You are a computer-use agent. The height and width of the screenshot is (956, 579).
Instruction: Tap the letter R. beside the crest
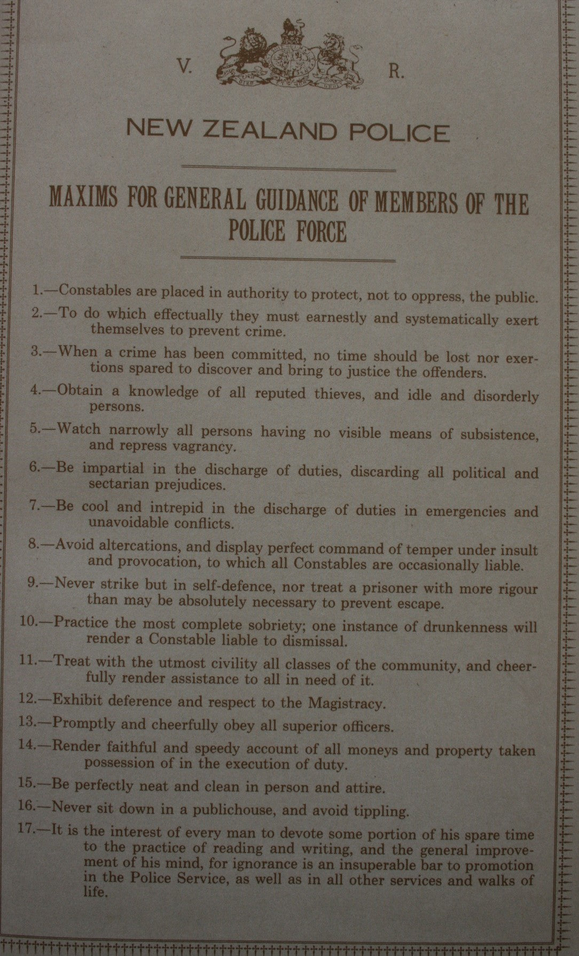(396, 73)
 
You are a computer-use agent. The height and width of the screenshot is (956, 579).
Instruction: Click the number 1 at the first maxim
(36, 290)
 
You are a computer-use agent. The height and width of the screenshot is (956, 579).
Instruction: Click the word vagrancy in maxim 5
(205, 445)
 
